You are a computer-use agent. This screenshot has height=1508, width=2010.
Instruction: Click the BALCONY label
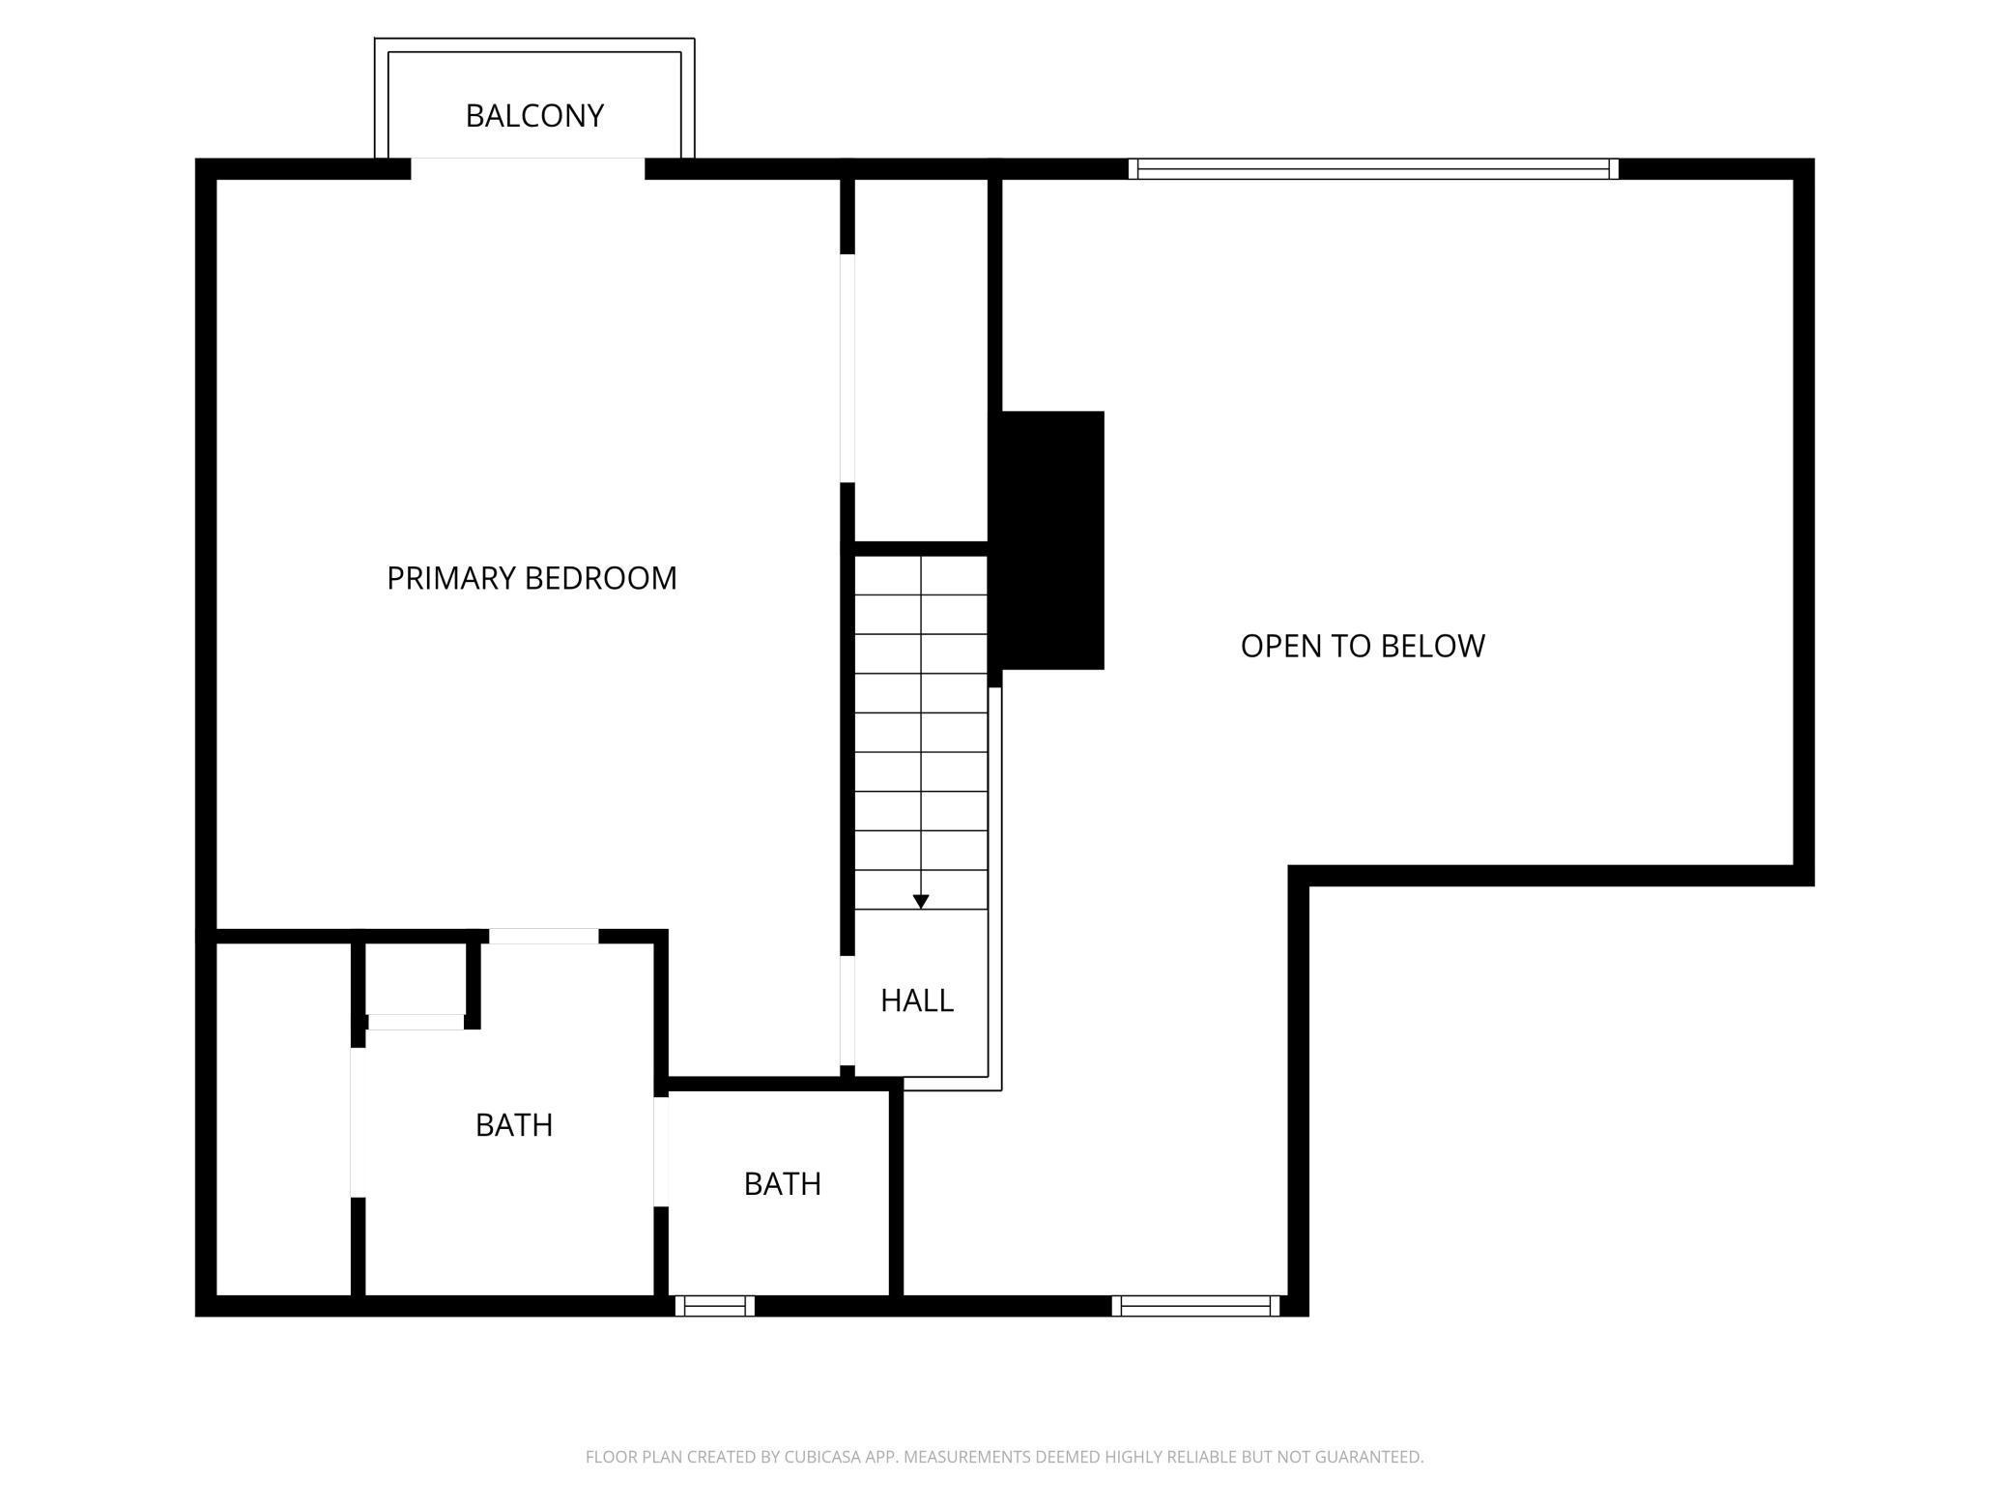click(x=534, y=116)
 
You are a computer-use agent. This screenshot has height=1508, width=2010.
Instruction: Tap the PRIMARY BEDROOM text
click(x=531, y=578)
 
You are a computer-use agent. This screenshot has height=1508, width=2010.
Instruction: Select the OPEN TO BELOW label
click(x=1363, y=646)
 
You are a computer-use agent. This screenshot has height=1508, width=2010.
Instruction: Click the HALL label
click(x=917, y=1000)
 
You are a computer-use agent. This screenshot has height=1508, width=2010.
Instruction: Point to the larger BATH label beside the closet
click(x=514, y=1125)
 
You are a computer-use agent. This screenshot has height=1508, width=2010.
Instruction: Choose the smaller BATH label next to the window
click(x=783, y=1184)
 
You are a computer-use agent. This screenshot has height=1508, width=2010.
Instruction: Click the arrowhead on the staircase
click(x=921, y=901)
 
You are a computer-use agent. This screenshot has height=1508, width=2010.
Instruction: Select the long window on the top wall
click(x=1372, y=169)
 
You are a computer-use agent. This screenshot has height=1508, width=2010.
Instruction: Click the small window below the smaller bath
click(x=715, y=1306)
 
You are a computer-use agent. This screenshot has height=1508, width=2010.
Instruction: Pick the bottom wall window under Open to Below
click(x=1195, y=1306)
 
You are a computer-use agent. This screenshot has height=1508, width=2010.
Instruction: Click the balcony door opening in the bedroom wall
click(x=528, y=169)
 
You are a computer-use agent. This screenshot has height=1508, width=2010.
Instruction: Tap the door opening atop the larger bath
click(x=543, y=936)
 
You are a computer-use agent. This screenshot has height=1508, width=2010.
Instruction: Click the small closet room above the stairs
click(x=921, y=358)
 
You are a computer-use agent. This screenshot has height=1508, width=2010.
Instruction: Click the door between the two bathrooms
click(x=661, y=1151)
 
